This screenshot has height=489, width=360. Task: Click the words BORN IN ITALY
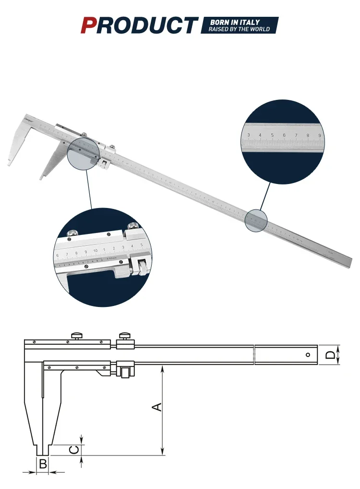[x=235, y=22]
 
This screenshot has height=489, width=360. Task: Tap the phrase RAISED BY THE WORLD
[x=239, y=29]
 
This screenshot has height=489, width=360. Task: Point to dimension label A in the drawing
[x=157, y=407]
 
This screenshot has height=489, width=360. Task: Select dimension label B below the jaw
[x=43, y=464]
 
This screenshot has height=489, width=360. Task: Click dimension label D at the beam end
[x=330, y=355]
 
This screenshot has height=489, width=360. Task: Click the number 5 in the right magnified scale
[x=272, y=135]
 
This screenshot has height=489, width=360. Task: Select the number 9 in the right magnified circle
[x=319, y=135]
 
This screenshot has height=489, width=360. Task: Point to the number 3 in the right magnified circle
[x=249, y=135]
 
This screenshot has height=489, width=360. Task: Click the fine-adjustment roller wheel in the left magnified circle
[x=143, y=267]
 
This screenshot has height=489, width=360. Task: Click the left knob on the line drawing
[x=76, y=335]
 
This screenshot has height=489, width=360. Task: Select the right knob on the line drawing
[x=125, y=335]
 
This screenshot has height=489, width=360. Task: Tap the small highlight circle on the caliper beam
[x=255, y=221]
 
